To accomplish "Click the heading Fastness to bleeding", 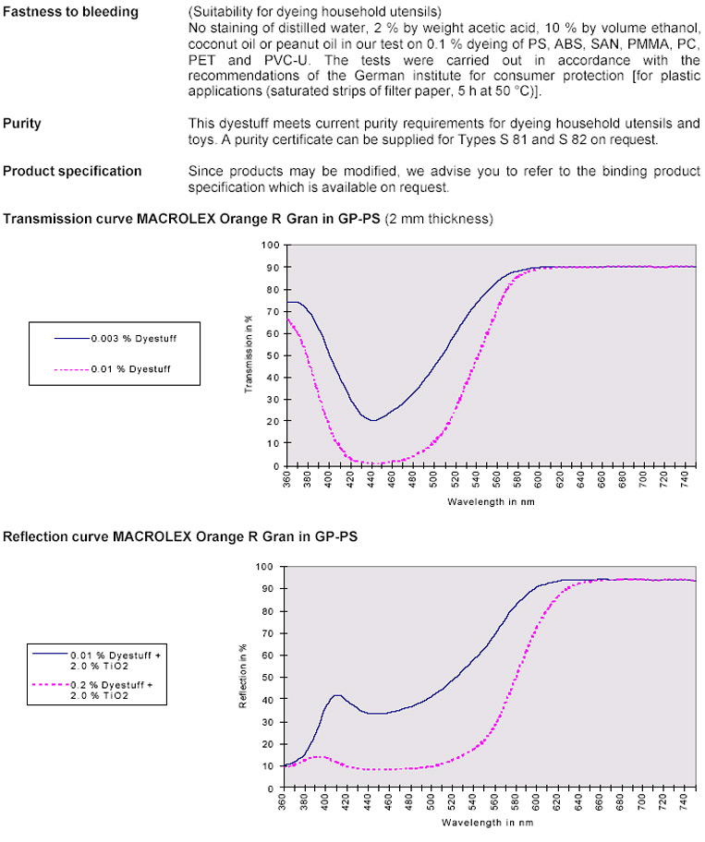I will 71,12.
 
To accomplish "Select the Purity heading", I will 22,123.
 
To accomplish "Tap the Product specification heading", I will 72,171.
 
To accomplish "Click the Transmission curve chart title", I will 248,219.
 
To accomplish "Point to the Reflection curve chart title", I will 180,535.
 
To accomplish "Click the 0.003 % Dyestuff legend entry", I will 133,338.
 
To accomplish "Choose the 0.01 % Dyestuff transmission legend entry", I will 131,368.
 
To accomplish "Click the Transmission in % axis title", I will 249,355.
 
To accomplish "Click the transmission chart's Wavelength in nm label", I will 490,502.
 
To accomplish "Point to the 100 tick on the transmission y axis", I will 270,245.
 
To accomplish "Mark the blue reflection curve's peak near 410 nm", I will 336,694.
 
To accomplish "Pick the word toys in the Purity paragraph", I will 201,140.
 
